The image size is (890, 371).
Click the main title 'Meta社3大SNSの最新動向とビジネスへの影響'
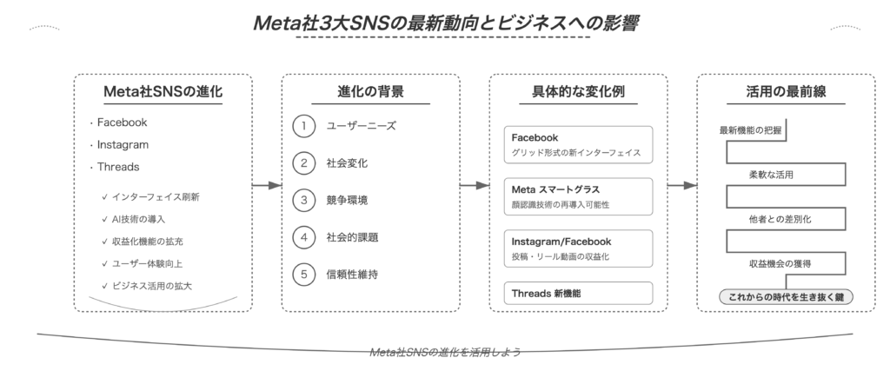coord(446,23)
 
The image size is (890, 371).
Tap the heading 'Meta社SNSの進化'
coord(163,91)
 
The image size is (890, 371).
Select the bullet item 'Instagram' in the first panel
coord(123,144)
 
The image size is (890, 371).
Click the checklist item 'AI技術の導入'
coord(138,219)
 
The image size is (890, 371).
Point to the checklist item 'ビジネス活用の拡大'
coord(151,286)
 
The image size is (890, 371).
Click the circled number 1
coord(304,126)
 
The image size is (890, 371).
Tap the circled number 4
coord(304,237)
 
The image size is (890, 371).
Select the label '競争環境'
coord(347,200)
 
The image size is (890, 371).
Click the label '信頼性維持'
coord(352,275)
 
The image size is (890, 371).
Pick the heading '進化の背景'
coord(370,91)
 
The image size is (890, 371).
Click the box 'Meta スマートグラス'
coord(578,196)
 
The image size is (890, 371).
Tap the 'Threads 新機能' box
coord(578,294)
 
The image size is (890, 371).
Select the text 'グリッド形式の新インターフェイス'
coord(576,153)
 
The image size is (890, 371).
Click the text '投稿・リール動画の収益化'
coord(561,256)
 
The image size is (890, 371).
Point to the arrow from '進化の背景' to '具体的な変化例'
coord(475,186)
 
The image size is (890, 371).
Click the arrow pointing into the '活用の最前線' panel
coord(682,186)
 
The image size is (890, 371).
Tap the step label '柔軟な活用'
coord(771,175)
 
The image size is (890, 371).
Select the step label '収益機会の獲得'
coord(780,263)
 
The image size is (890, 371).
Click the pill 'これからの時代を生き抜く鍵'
coord(786,296)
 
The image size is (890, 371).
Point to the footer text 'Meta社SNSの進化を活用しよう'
coord(445,352)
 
